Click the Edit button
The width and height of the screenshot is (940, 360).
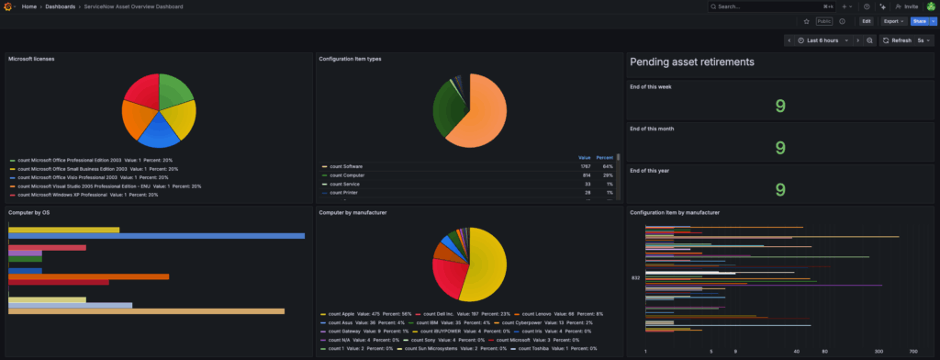pos(866,20)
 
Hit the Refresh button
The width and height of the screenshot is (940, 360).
pos(897,40)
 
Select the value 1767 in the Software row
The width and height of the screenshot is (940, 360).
pos(584,165)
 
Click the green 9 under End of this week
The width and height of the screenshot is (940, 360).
pos(779,107)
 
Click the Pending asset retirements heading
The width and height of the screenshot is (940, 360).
pos(692,62)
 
